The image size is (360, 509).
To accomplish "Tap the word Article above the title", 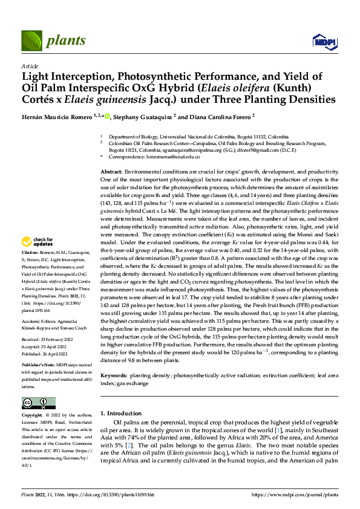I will click(30, 65).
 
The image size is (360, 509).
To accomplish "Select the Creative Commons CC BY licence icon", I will click(38, 403).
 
